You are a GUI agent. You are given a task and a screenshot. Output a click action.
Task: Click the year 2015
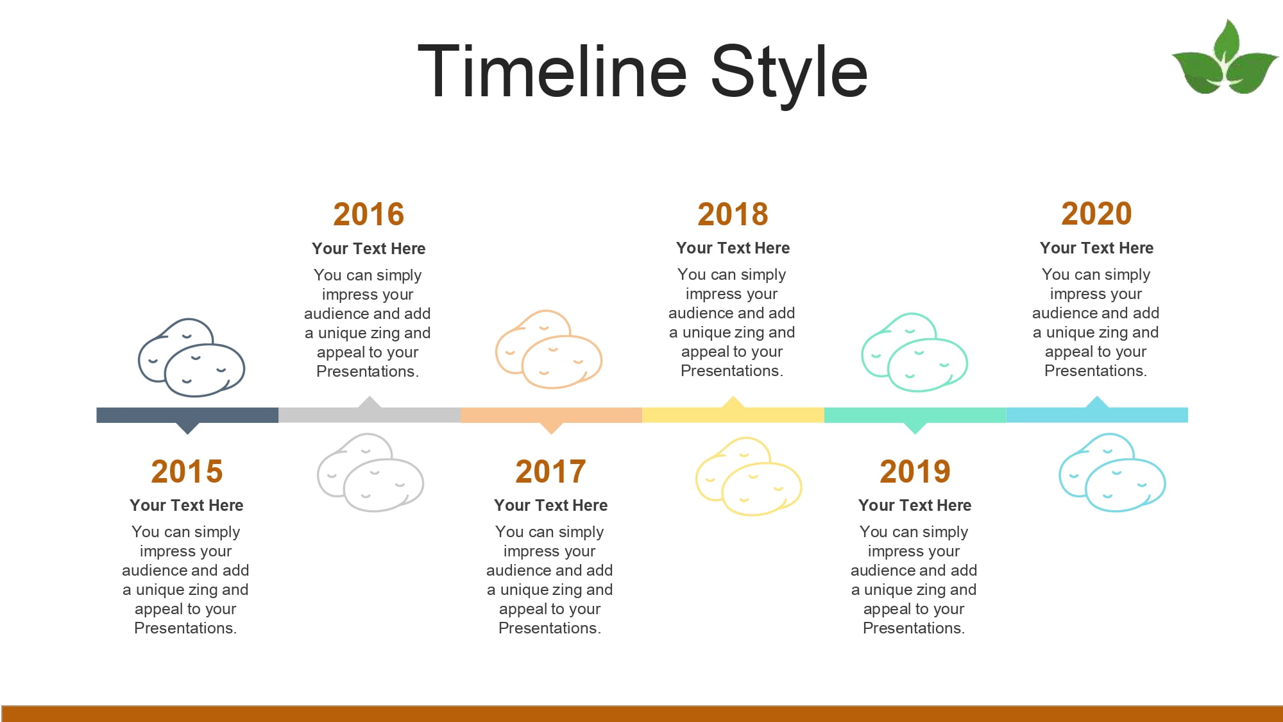pos(187,472)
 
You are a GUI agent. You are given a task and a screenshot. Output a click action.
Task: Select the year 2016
pos(369,214)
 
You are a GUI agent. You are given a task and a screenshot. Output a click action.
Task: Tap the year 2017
pos(550,472)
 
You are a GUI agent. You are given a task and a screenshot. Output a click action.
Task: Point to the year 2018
pos(733,214)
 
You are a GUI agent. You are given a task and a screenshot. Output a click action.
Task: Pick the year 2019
pos(915,472)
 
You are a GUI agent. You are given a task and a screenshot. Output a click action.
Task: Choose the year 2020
pos(1096,214)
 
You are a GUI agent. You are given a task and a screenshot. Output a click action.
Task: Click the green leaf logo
pos(1225,57)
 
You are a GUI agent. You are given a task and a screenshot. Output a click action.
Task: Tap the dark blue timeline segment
pos(187,415)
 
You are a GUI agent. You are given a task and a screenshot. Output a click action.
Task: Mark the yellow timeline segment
pos(733,415)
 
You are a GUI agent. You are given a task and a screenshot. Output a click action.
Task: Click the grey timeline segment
pos(370,415)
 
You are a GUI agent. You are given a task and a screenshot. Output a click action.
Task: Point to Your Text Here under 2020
pos(1096,248)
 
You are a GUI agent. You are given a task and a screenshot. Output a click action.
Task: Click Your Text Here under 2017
pos(550,505)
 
